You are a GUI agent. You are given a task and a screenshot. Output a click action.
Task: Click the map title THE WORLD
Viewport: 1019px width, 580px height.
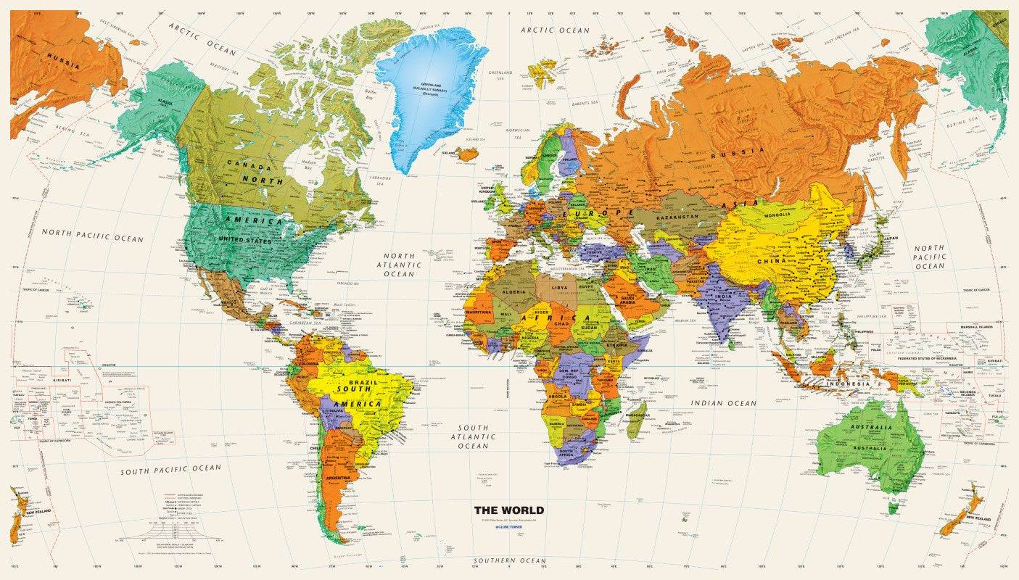[x=508, y=510]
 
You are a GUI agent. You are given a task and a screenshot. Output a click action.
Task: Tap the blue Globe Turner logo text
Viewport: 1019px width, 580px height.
[x=508, y=528]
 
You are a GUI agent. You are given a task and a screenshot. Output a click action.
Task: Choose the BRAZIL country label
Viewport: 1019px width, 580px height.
[x=360, y=381]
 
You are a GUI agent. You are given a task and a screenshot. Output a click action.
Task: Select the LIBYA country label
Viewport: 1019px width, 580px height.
[x=561, y=288]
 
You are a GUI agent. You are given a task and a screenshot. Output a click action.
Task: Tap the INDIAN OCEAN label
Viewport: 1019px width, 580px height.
[x=723, y=403]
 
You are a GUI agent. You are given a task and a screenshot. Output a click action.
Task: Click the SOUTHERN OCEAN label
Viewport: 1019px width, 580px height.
[x=510, y=561]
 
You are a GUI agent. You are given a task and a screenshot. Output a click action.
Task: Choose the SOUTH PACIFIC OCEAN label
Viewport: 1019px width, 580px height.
[x=171, y=469]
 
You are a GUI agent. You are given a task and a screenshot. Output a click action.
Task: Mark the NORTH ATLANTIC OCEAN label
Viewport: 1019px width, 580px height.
[x=399, y=265]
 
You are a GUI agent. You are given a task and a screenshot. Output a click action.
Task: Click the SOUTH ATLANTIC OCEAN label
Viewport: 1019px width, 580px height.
[x=472, y=436]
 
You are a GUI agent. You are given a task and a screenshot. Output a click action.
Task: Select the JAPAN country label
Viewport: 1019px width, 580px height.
[x=889, y=238]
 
